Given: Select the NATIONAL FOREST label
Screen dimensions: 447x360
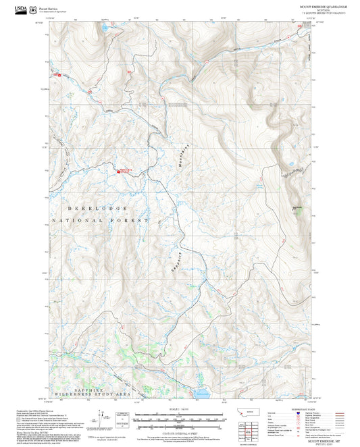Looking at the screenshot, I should tap(99, 221).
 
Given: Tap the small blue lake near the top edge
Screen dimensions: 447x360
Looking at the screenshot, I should tap(105, 29).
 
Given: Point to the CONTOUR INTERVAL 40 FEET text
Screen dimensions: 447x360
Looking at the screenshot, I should tap(180, 431).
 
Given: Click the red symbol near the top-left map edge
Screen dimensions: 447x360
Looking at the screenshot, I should tap(59, 75).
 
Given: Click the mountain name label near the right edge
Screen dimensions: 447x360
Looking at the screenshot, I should tap(296, 207).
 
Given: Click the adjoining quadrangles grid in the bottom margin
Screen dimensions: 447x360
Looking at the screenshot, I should tap(251, 428).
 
